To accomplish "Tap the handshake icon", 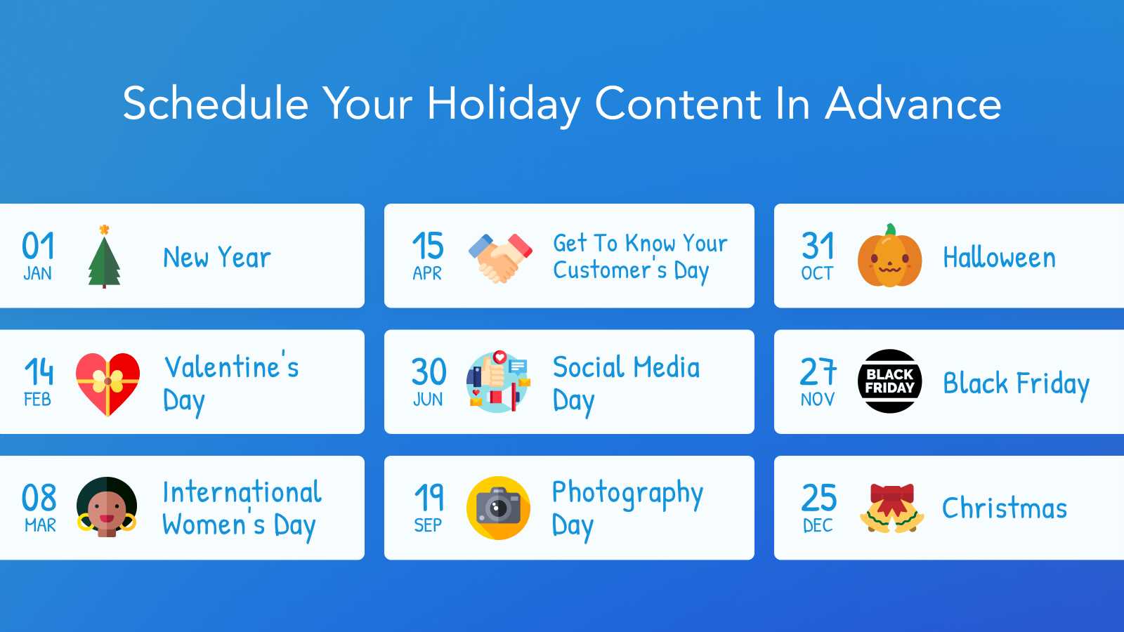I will (499, 257).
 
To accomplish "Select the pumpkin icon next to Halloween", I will (889, 258).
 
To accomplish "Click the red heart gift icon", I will (107, 383).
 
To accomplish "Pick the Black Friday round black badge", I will (889, 381).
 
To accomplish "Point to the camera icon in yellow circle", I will (498, 508).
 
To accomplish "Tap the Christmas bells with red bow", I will (891, 508).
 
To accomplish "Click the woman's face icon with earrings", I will (107, 507).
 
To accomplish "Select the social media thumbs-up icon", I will (497, 381).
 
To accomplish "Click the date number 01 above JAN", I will (38, 246).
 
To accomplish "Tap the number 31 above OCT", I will (818, 246).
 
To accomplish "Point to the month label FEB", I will (37, 400).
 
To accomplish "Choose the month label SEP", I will (428, 525).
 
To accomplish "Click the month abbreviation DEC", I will (818, 525).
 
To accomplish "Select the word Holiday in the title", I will (503, 104).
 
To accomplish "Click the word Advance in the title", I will (913, 104).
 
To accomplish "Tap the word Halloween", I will (999, 258).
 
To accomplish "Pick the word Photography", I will (627, 494).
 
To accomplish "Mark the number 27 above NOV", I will (818, 371).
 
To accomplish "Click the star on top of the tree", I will (104, 230).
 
